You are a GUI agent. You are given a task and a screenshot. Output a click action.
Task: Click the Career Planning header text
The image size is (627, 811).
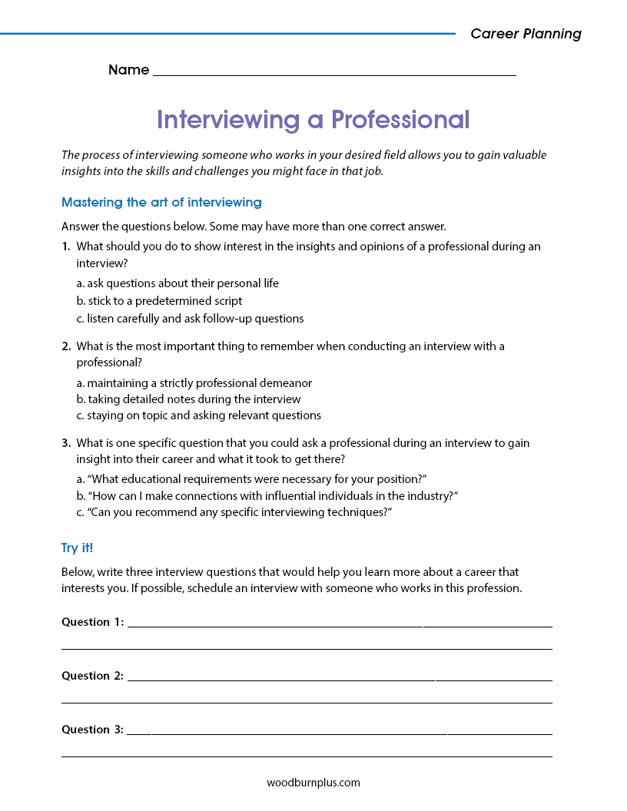(x=526, y=34)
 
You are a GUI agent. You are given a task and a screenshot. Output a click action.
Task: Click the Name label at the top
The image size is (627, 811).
(x=128, y=70)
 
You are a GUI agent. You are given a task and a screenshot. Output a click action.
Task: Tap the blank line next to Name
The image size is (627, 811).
(x=334, y=71)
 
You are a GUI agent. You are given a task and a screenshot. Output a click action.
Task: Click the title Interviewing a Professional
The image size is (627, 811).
(x=313, y=120)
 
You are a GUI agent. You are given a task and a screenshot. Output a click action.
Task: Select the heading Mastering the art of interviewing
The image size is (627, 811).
(x=161, y=203)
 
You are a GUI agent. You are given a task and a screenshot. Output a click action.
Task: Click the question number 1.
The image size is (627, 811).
(x=66, y=247)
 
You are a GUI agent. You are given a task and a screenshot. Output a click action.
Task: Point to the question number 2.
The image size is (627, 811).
(x=66, y=346)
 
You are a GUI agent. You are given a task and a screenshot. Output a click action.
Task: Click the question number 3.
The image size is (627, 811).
(x=66, y=443)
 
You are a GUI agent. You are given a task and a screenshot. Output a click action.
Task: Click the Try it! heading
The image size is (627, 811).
(x=77, y=548)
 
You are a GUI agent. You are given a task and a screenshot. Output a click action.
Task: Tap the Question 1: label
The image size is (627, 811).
(x=92, y=622)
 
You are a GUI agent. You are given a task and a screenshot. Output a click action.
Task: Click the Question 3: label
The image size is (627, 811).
(x=92, y=730)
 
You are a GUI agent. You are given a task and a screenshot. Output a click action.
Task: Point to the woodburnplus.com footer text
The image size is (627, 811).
(x=313, y=783)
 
